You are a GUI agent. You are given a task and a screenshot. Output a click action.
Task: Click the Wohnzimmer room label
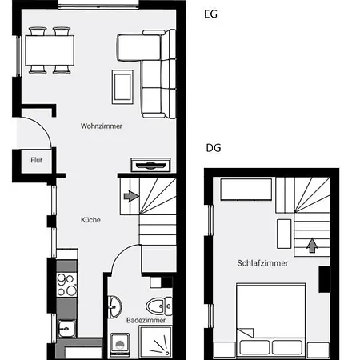click(102, 126)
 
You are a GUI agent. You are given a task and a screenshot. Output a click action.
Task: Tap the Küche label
click(90, 220)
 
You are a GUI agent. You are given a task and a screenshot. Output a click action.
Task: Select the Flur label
click(37, 160)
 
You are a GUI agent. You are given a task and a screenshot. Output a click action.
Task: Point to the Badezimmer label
click(146, 320)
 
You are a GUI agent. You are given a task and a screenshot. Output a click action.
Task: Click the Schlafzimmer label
click(262, 263)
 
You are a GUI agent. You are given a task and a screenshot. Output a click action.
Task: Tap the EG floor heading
click(210, 14)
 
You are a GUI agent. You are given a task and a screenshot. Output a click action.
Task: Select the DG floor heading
click(214, 148)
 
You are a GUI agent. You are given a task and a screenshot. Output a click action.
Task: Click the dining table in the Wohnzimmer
click(50, 50)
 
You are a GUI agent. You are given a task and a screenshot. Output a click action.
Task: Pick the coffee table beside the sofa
click(122, 87)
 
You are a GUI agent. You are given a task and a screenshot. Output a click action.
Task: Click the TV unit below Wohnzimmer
click(150, 165)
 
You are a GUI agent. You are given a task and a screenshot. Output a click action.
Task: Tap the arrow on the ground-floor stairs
click(131, 196)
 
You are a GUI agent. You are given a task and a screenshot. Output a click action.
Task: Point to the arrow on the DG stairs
click(312, 246)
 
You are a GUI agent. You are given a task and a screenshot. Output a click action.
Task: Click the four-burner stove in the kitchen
click(66, 285)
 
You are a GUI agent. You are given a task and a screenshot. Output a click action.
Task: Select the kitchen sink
click(66, 329)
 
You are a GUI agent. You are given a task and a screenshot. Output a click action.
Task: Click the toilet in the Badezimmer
click(159, 306)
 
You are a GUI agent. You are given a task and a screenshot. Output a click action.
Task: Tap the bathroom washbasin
click(114, 306)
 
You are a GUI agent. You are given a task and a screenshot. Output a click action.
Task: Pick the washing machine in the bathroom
click(120, 345)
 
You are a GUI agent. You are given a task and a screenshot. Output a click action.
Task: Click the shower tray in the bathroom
click(155, 342)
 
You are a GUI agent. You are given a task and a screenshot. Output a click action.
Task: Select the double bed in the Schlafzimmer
click(271, 321)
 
